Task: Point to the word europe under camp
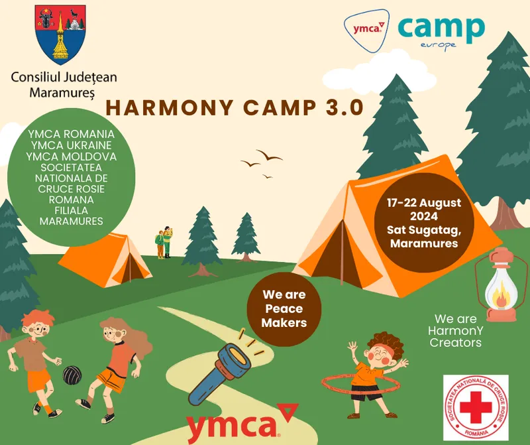[x=439, y=45]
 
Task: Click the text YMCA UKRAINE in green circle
[x=71, y=145]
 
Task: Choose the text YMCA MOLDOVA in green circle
[x=71, y=156]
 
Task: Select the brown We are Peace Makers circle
[x=284, y=308]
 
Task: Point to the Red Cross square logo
[x=475, y=407]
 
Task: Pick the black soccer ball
[x=72, y=375]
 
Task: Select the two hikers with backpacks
[x=164, y=242]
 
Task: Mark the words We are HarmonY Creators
[x=456, y=330]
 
